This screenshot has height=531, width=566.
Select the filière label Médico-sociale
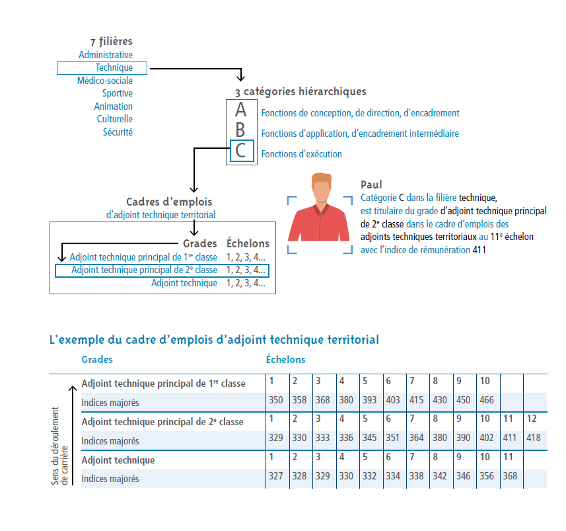coord(105,81)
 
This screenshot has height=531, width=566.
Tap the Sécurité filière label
coord(118,132)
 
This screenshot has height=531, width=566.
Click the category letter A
coord(240,110)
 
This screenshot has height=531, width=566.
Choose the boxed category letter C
coord(240,151)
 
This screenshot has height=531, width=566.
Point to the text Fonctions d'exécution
coord(302,154)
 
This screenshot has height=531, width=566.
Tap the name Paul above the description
coord(371,185)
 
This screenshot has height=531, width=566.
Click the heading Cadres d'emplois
coord(169,202)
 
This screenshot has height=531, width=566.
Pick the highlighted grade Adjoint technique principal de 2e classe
coord(144,270)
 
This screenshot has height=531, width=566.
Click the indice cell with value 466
coord(487,400)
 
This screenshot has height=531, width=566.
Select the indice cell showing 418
coord(534,438)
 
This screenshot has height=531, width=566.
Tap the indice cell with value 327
coord(276,476)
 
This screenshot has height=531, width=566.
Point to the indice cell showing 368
coord(511,476)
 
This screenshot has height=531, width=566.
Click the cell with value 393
coord(370,400)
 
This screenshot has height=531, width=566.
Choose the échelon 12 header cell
coord(532,419)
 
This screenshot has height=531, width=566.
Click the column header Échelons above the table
coord(285,360)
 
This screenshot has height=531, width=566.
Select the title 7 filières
coord(111,42)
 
